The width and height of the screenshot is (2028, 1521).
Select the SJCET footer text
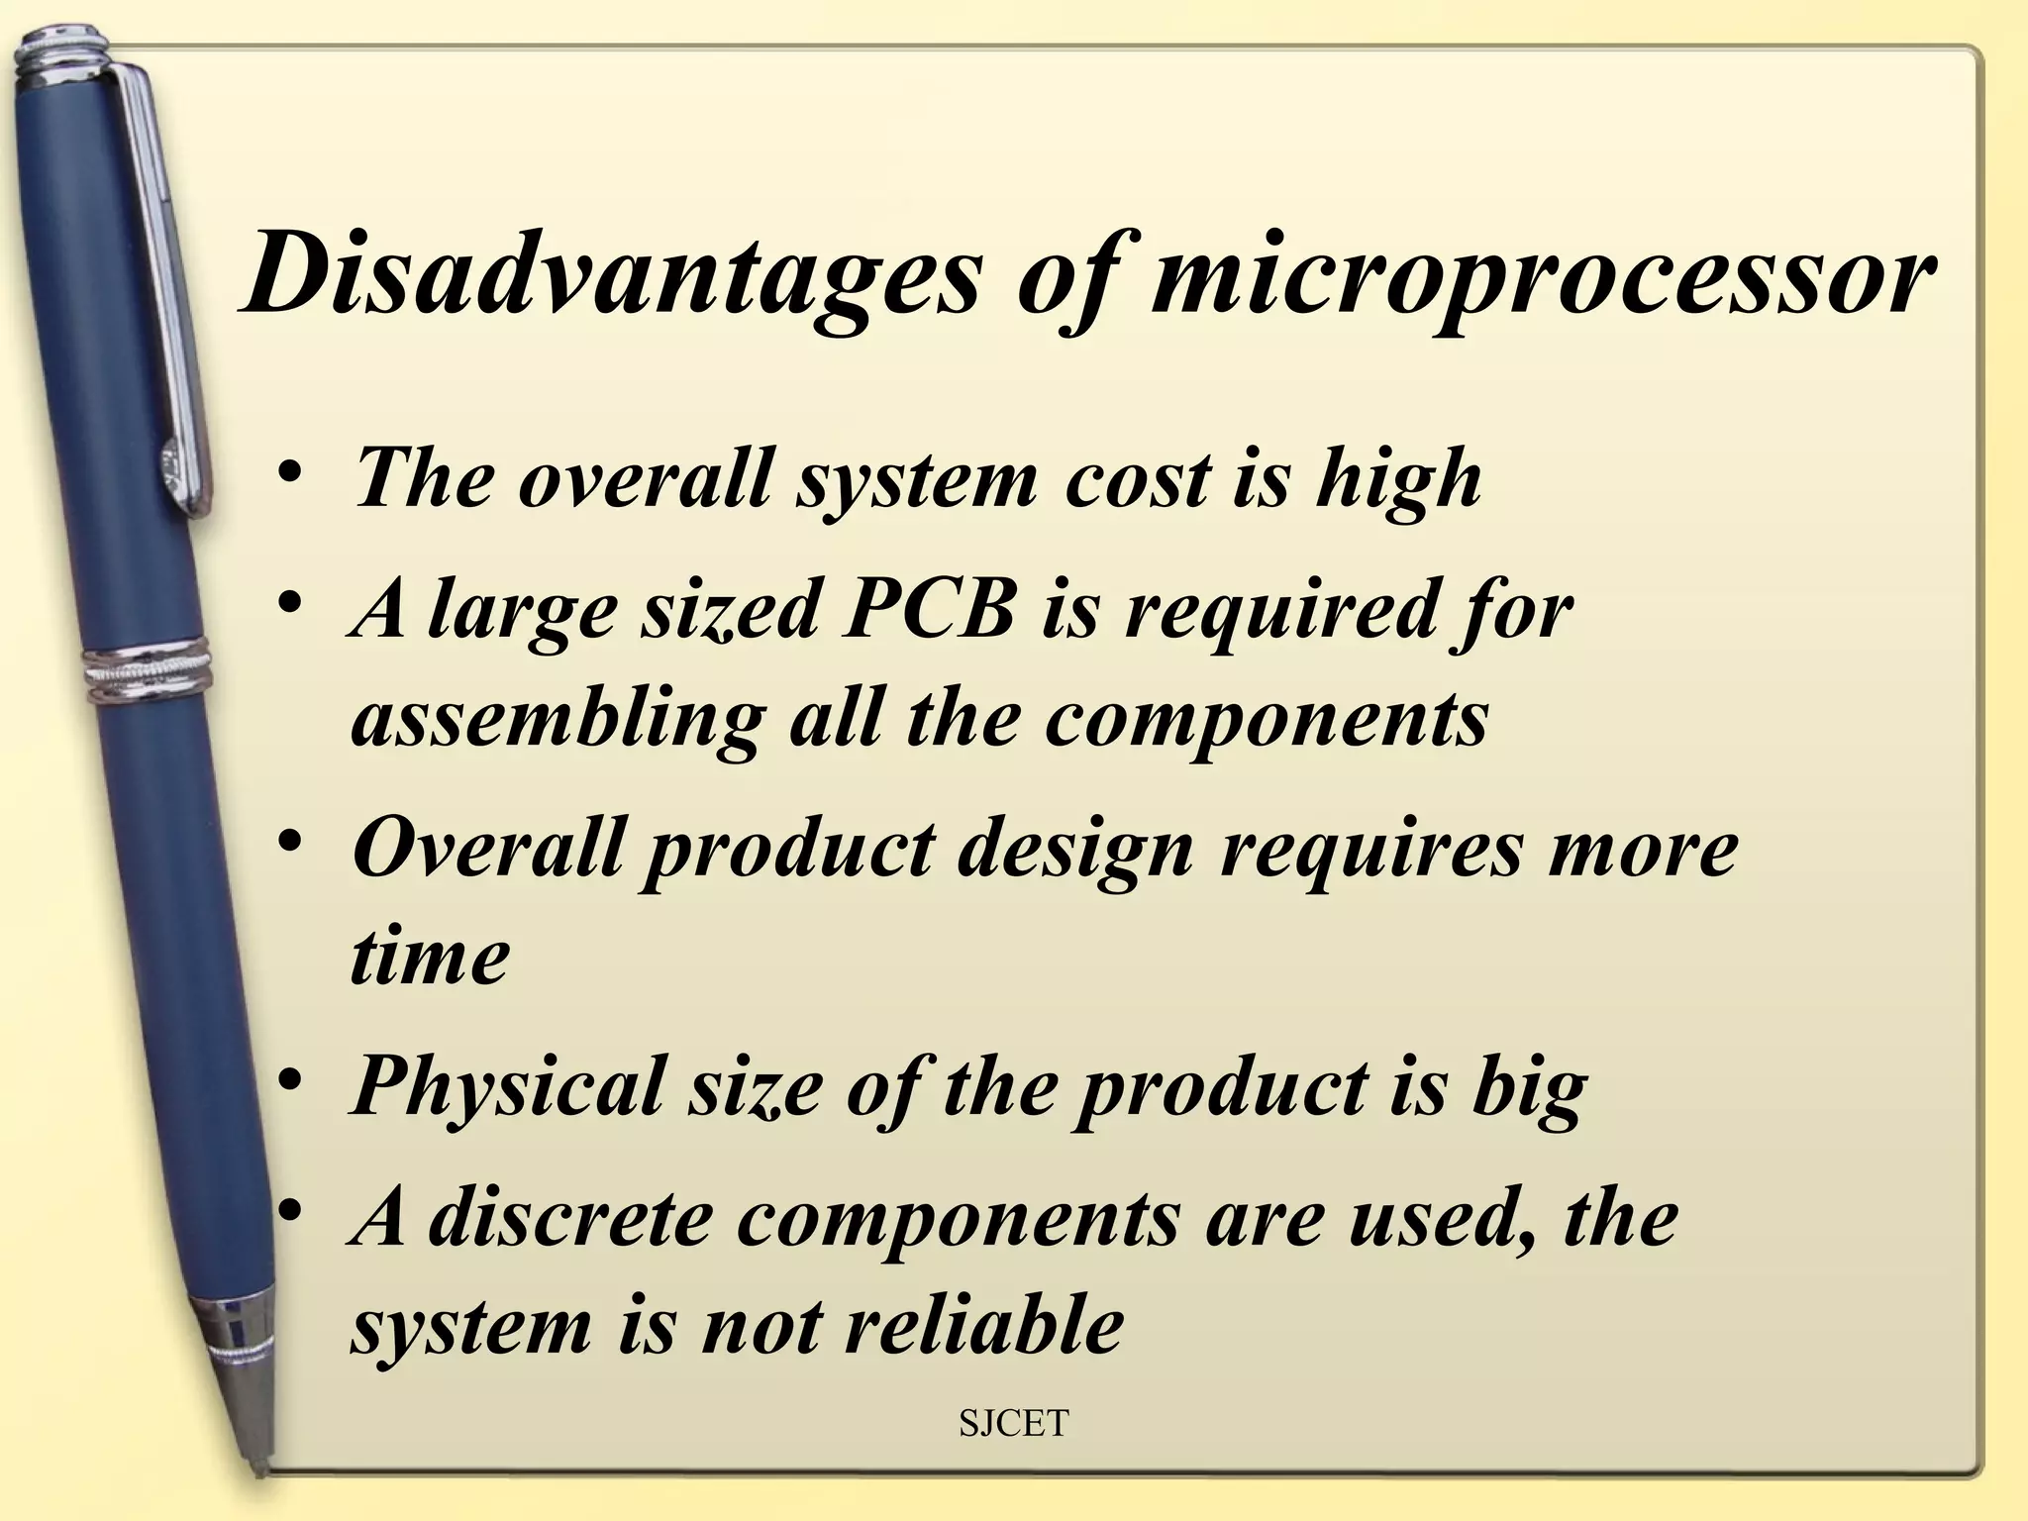pos(1014,1423)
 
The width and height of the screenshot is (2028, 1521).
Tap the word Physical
pos(506,1087)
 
